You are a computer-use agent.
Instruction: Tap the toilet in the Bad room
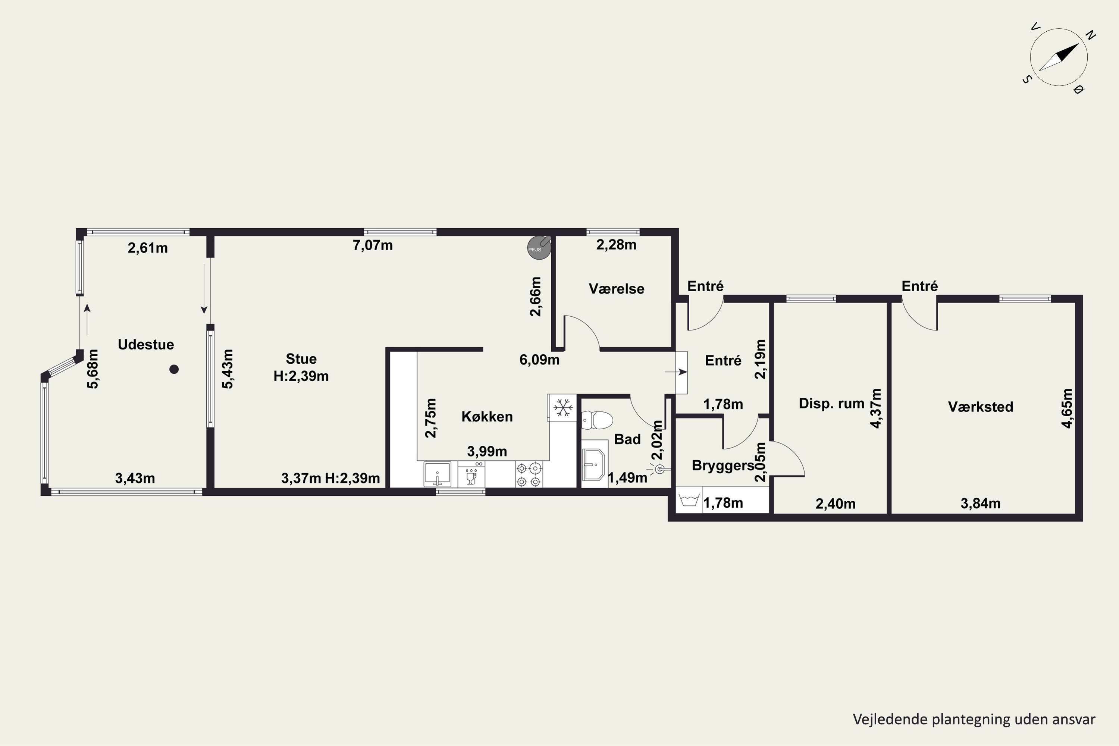(x=597, y=420)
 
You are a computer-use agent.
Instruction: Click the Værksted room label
(x=981, y=407)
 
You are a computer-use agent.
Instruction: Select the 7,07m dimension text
(x=373, y=245)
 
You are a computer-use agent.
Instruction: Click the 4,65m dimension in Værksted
(x=1067, y=408)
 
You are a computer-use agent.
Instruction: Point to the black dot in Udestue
(x=174, y=369)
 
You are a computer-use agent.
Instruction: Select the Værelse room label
(x=617, y=289)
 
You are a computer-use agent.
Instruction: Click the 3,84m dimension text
(x=981, y=503)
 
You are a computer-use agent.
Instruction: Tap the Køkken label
(x=487, y=417)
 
